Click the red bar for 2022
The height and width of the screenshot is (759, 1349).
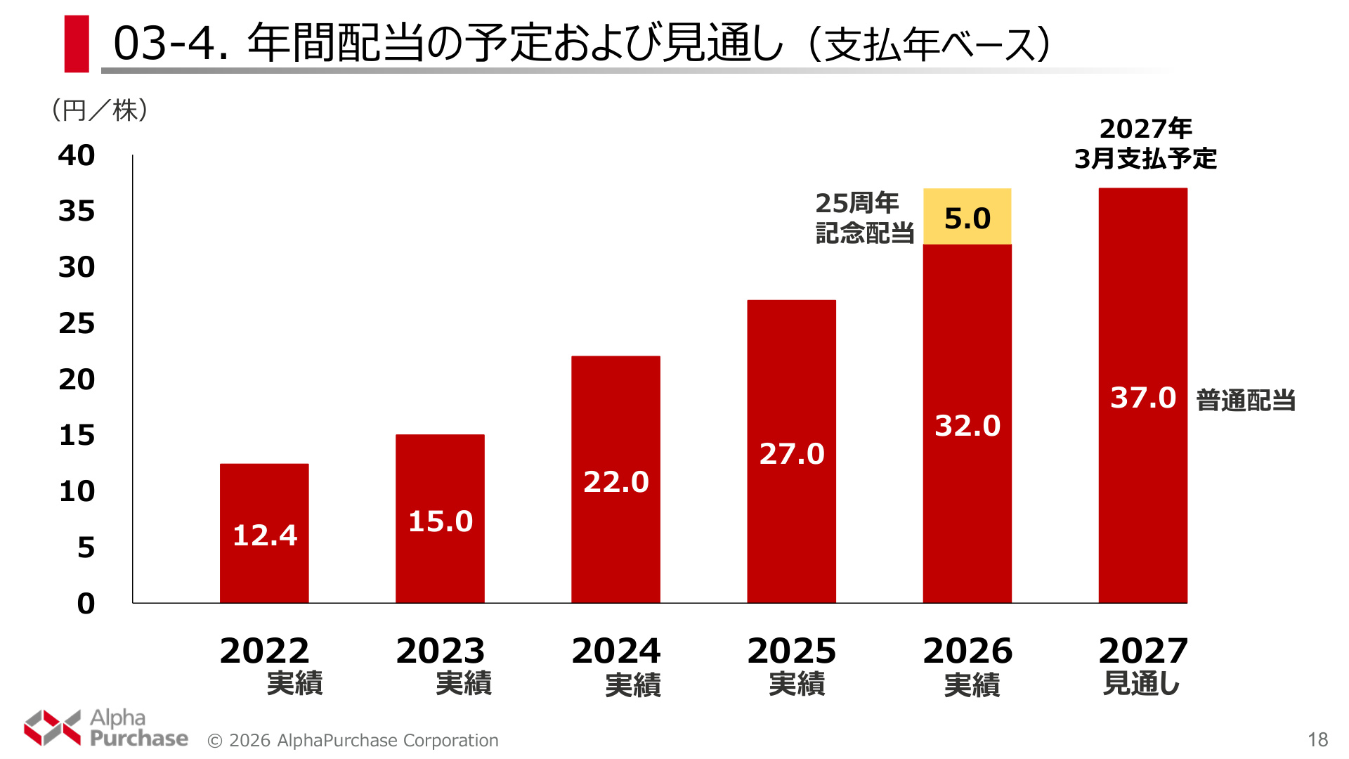coord(264,533)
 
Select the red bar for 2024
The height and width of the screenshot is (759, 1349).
coord(615,479)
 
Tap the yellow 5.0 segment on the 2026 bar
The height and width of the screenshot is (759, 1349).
coord(967,216)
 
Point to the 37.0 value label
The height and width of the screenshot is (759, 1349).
coord(1143,398)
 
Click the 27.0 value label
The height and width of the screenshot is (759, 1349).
coord(792,454)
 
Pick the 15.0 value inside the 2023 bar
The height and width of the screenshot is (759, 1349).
coord(441,521)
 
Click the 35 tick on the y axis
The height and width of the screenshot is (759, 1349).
coord(77,211)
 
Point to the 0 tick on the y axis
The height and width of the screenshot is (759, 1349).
coord(86,603)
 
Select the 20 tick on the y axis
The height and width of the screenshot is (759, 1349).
coord(77,379)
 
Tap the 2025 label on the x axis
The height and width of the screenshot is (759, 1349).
coord(792,651)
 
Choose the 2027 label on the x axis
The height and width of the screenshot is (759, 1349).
coord(1143,651)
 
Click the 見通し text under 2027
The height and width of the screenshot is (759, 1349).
coord(1142,683)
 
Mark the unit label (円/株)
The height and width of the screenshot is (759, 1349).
coord(100,110)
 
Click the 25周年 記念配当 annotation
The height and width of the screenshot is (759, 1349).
coord(865,217)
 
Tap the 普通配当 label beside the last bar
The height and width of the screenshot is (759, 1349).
coord(1246,400)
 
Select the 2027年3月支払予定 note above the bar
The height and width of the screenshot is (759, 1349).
coord(1145,143)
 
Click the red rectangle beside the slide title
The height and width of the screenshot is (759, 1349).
coord(77,44)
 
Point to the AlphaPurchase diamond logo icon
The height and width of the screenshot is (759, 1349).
coord(53,727)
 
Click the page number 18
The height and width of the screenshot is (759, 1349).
coord(1318,739)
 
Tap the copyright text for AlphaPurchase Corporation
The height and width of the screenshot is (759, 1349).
coord(353,741)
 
